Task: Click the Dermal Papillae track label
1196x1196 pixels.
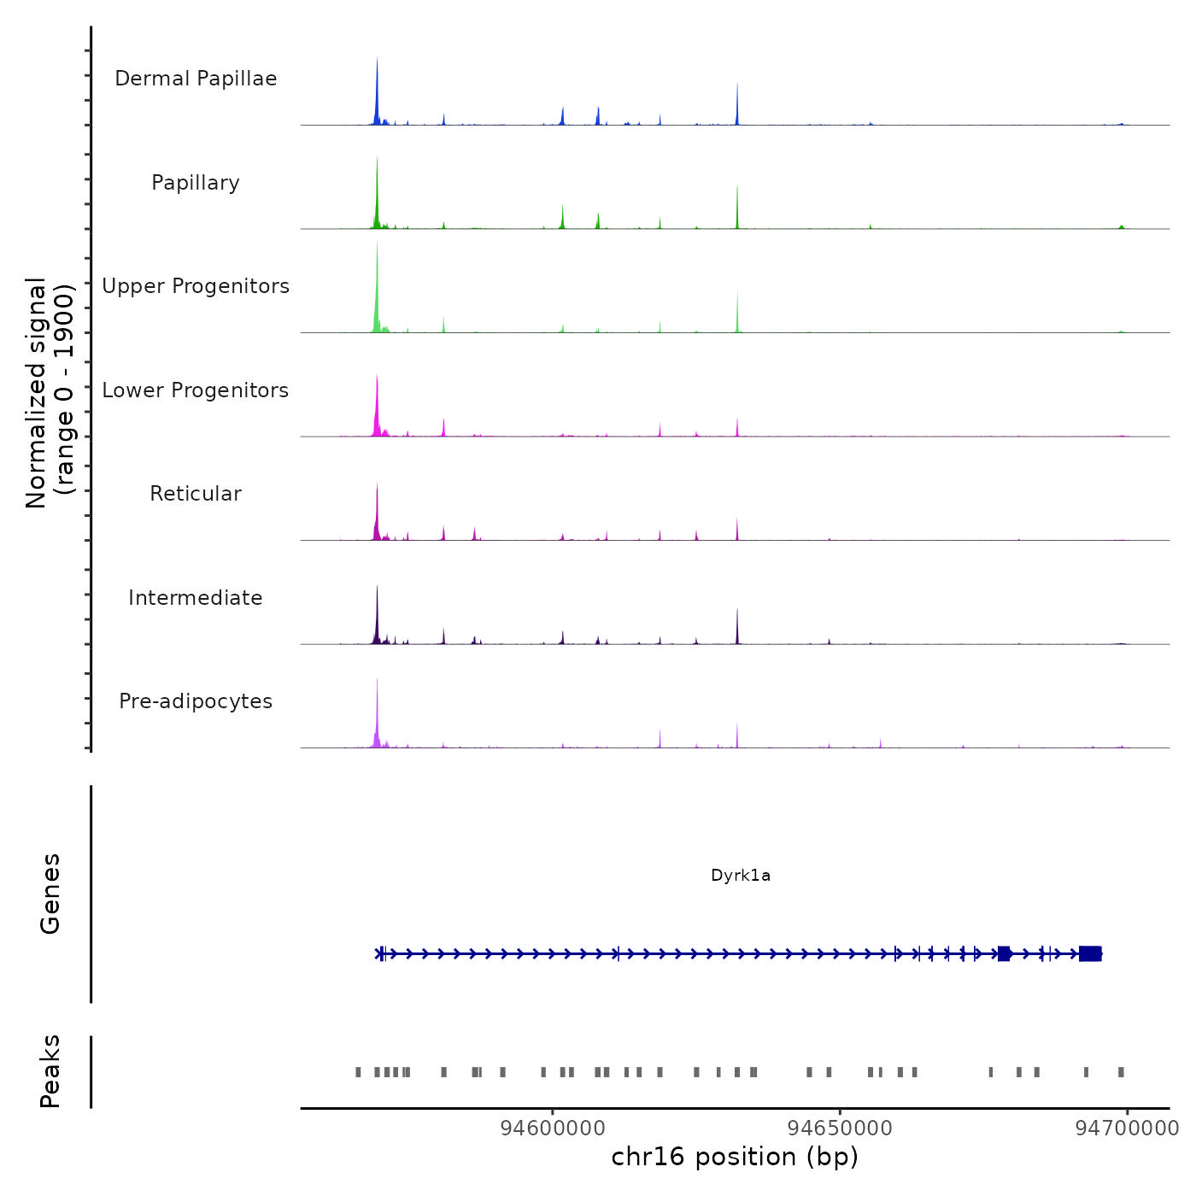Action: (x=196, y=79)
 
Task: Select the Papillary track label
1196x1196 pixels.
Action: (x=196, y=183)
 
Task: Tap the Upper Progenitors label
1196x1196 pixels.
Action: (x=196, y=286)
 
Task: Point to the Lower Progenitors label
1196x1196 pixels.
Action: (x=196, y=390)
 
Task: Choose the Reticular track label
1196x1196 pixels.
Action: (x=196, y=494)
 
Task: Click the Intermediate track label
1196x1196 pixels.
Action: (x=196, y=598)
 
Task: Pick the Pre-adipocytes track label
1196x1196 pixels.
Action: (x=196, y=701)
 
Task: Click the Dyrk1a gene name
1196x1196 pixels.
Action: (x=741, y=876)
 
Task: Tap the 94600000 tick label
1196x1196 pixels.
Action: (x=553, y=1129)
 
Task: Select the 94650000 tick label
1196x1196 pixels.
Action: (x=840, y=1129)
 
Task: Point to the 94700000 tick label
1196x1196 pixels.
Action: (x=1127, y=1129)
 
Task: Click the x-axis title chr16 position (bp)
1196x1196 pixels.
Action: (x=735, y=1157)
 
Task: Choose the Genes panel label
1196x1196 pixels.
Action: (x=50, y=894)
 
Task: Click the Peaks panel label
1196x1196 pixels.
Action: (x=50, y=1071)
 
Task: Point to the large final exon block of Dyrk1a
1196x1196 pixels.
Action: (x=1090, y=953)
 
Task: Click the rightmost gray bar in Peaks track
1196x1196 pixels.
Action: (x=1121, y=1072)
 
